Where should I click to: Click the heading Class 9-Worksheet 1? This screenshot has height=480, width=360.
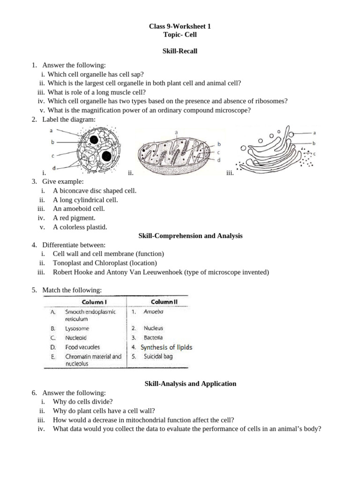(x=180, y=27)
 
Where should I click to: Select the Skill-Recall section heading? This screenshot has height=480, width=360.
(x=180, y=51)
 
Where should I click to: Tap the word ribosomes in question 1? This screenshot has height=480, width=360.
(x=270, y=101)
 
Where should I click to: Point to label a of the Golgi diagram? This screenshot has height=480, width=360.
(x=314, y=133)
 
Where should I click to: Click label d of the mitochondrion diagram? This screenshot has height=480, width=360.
(x=219, y=160)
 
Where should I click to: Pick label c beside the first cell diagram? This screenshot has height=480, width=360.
(x=52, y=155)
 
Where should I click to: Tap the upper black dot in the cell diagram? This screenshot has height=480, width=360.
(x=94, y=139)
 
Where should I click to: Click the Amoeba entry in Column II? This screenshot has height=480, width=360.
(x=154, y=311)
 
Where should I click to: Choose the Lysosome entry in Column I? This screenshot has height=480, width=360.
(x=77, y=329)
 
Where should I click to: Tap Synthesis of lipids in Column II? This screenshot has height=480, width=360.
(x=166, y=347)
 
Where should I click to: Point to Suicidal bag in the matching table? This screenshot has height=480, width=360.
(x=158, y=356)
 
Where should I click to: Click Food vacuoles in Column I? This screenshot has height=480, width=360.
(x=82, y=347)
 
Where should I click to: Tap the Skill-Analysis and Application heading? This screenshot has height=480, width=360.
(x=189, y=383)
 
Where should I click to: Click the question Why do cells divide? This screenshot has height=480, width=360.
(x=83, y=401)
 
